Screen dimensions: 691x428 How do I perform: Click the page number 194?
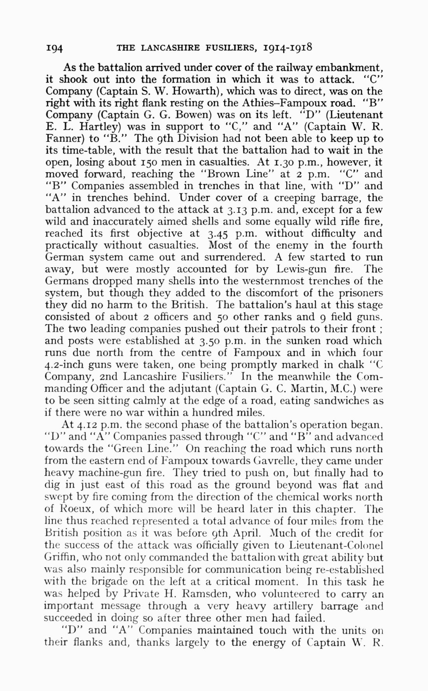pyautogui.click(x=54, y=48)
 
